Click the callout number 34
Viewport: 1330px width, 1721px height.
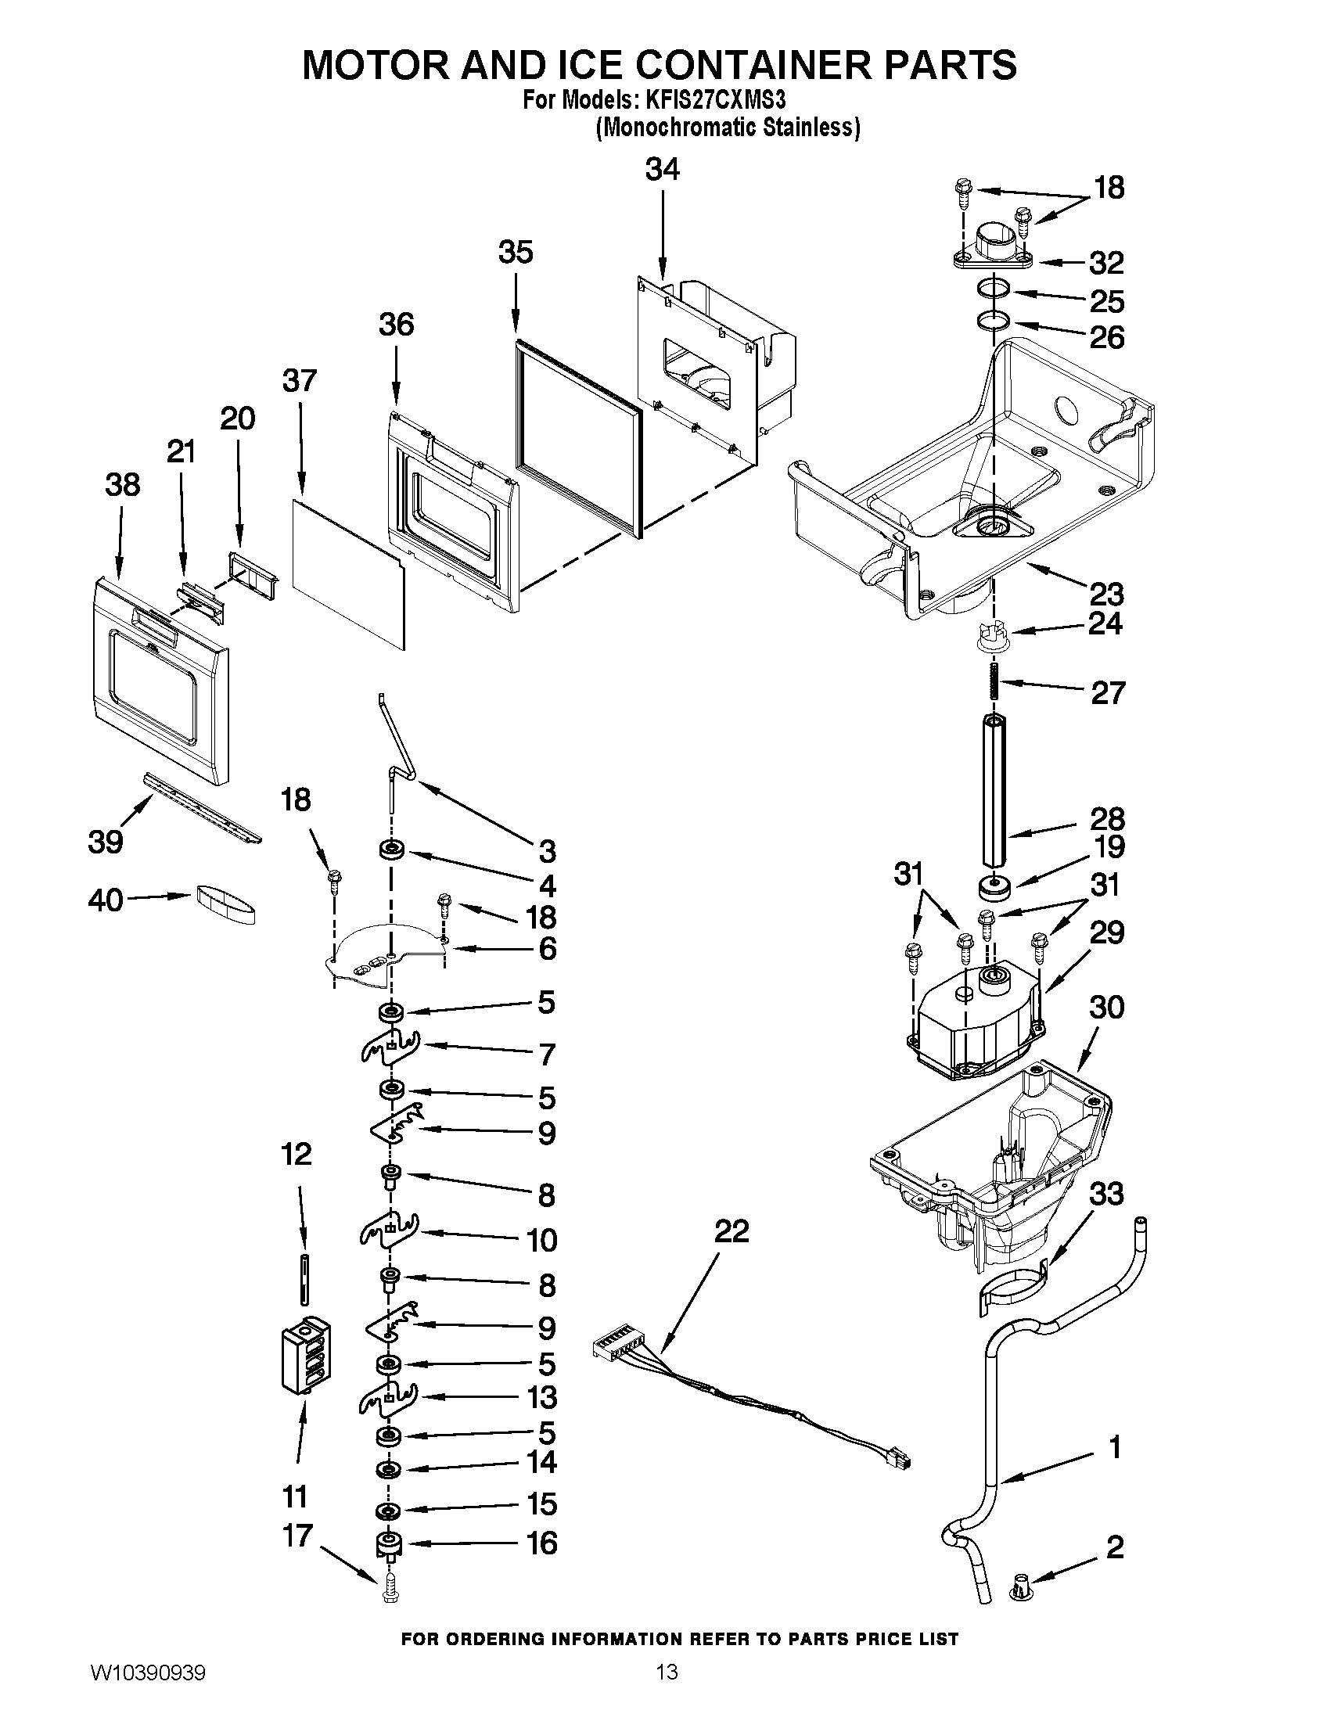point(662,170)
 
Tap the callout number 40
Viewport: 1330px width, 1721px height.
point(106,899)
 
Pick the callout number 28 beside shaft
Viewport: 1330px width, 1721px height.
point(1107,820)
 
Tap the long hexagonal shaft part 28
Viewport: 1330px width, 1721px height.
point(994,788)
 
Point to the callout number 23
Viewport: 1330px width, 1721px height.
point(1106,593)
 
